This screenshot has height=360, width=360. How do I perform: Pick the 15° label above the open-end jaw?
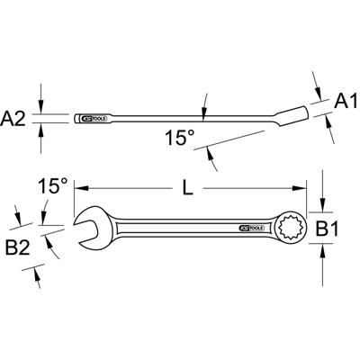tap(51, 186)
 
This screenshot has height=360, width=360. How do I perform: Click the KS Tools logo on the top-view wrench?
tap(250, 229)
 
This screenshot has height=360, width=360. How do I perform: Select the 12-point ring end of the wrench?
tap(295, 229)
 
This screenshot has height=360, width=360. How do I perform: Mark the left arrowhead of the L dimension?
tap(78, 189)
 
